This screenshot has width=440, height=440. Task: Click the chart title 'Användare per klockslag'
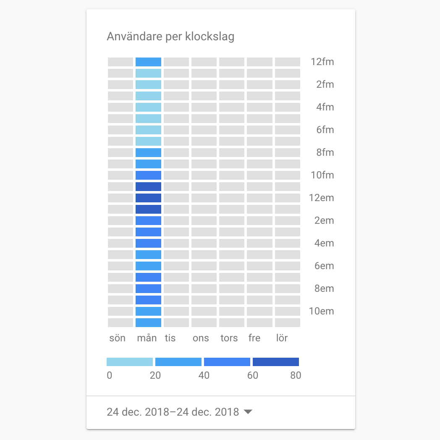coord(170,37)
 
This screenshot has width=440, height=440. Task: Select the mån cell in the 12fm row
coord(148,62)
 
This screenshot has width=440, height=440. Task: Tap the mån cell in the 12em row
coord(148,198)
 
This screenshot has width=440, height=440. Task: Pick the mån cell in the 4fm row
coord(148,107)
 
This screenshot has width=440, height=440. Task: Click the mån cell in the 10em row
coord(148,311)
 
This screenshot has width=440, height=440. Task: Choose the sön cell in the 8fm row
coord(120,152)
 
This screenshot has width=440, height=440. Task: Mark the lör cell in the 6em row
coord(287,266)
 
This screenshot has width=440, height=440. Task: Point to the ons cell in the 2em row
coord(204,220)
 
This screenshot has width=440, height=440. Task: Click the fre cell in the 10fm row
coord(259,175)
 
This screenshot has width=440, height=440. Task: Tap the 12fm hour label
coord(322,62)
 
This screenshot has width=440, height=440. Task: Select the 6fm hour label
coord(325,130)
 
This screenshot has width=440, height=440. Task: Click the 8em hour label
coord(325,288)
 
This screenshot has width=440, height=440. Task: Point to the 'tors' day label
coord(229,338)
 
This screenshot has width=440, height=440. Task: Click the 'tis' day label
coord(170,338)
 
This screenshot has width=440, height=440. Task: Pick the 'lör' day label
coord(282,338)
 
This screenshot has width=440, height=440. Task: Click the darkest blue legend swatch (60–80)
coord(276,362)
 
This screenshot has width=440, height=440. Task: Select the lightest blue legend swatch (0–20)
coord(130,362)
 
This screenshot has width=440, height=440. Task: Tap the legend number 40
coord(204,375)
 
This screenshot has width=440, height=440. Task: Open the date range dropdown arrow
coord(248,412)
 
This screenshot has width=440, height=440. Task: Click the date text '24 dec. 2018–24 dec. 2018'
coord(173,412)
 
